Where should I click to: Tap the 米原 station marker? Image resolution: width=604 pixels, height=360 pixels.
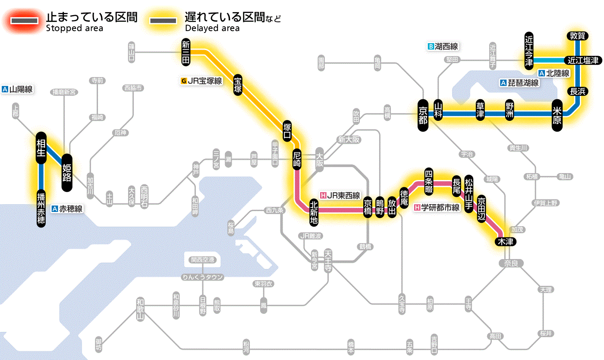pos(557,115)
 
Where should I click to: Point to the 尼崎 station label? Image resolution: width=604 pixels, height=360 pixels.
pos(296,159)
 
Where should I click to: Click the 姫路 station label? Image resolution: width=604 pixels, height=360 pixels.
pos(67,173)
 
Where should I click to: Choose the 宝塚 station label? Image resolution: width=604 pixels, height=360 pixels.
pos(238,85)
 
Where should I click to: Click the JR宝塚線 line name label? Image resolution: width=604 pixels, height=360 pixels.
pos(202,81)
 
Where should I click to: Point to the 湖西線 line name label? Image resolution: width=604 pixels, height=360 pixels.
pos(443,46)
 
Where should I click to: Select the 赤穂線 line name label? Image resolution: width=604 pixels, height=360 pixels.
pos(67,209)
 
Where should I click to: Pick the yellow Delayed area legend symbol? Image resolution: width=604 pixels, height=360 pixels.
pos(163,21)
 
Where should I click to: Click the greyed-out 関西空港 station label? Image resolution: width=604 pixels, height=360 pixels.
pos(203,260)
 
